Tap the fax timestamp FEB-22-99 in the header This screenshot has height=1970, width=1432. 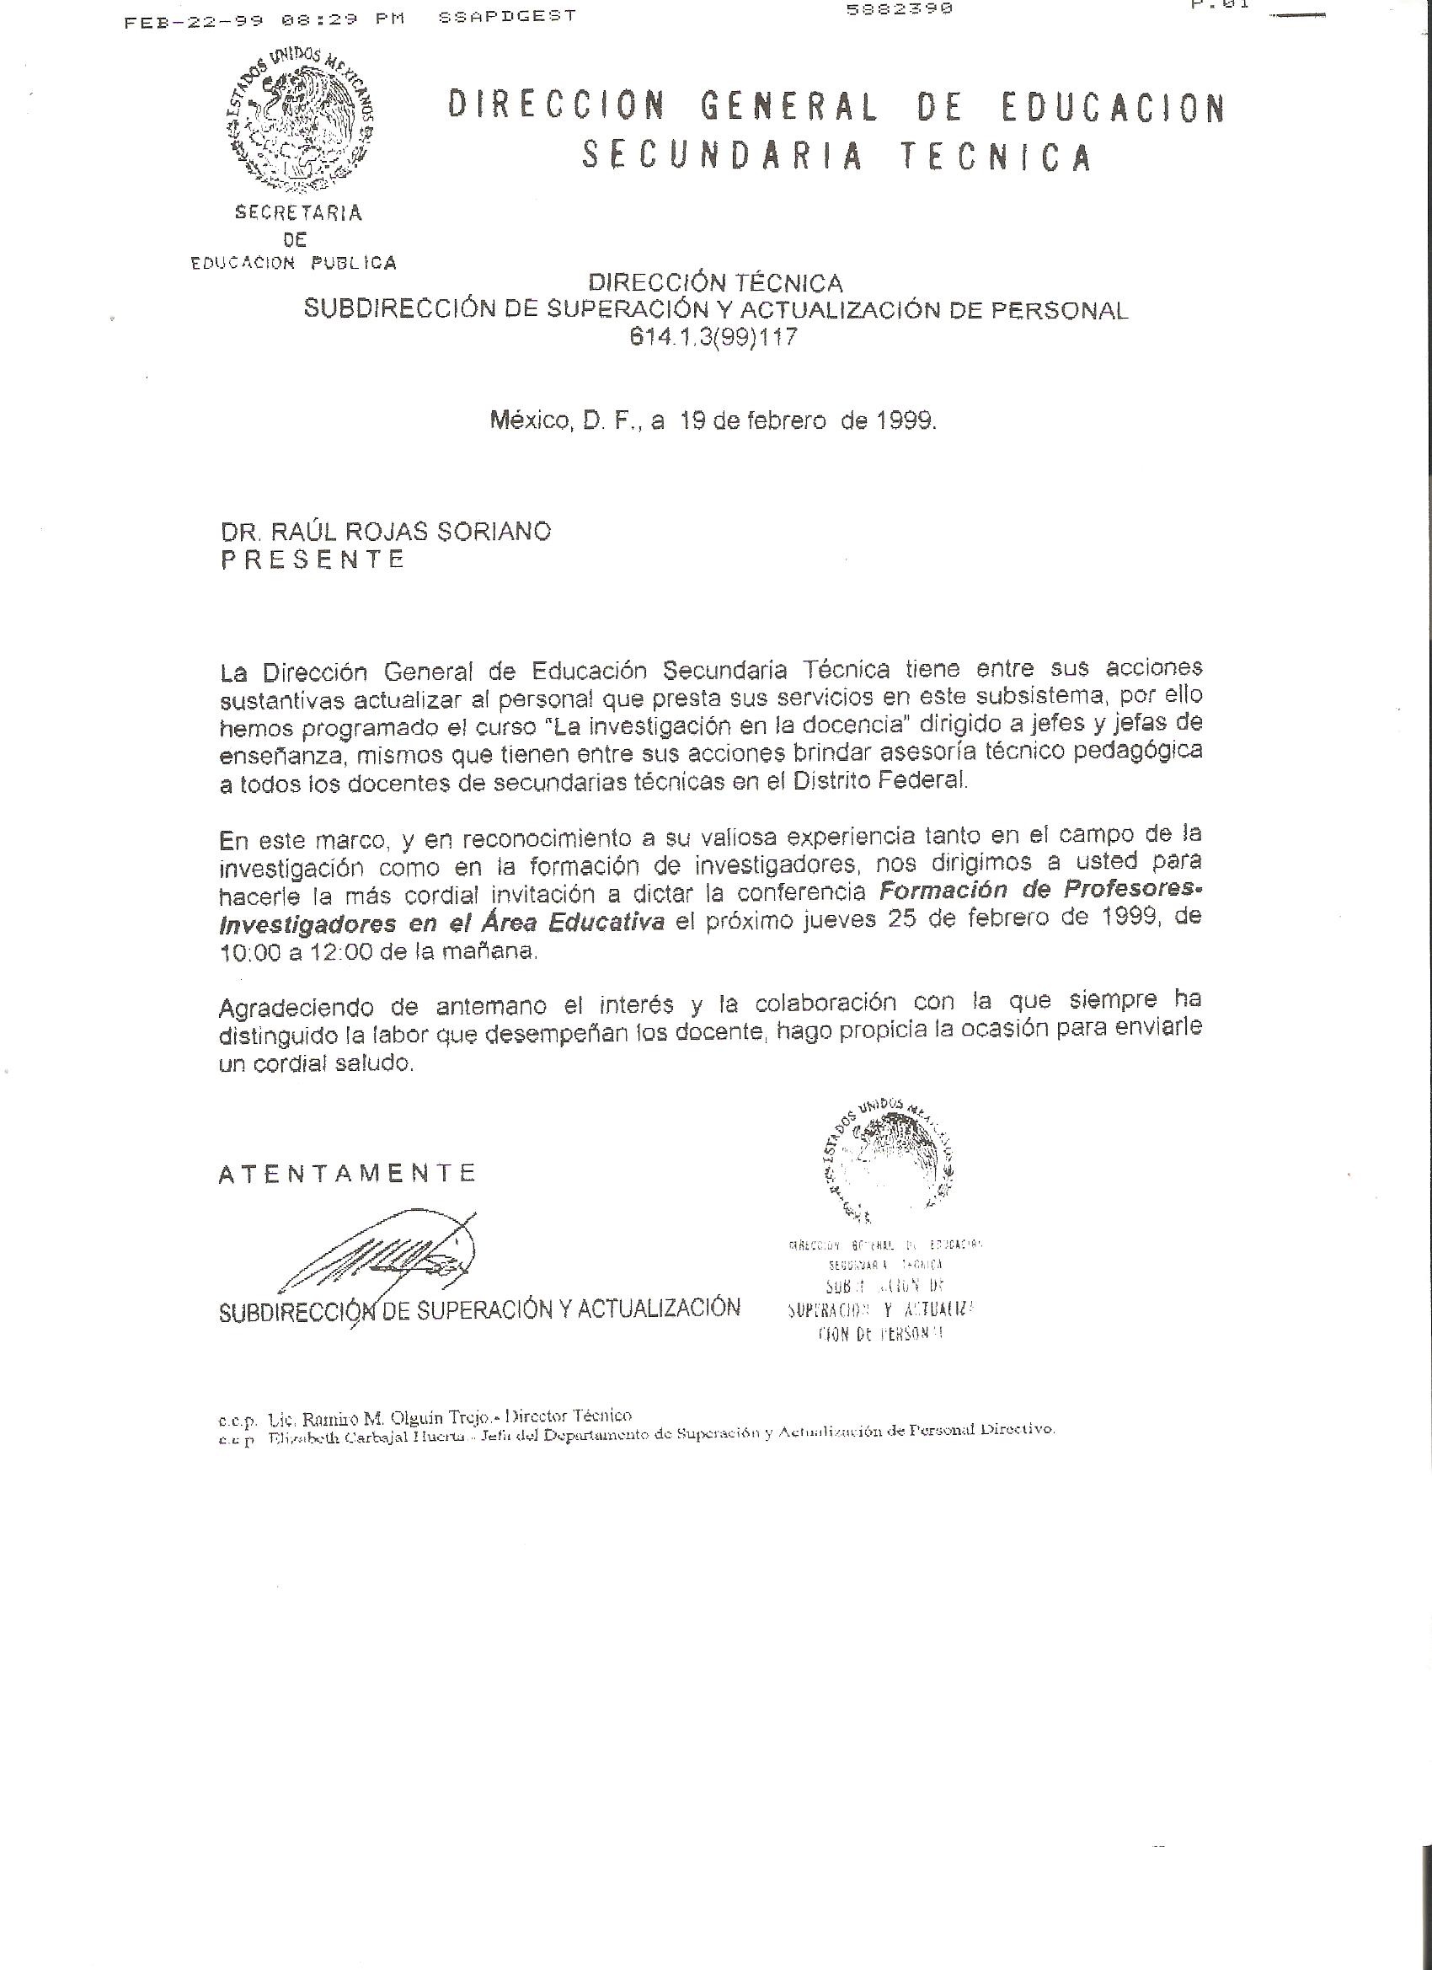pos(194,22)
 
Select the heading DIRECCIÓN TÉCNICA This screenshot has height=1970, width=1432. pos(715,283)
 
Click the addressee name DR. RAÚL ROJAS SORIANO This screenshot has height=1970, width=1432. pos(386,532)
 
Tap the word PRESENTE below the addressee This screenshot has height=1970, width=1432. pos(313,559)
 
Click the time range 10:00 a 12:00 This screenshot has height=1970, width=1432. pos(304,951)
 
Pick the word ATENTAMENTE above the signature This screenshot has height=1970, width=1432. pos(347,1175)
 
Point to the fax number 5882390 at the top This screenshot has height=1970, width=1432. pos(899,8)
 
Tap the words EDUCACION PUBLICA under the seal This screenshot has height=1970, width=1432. pos(293,263)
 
